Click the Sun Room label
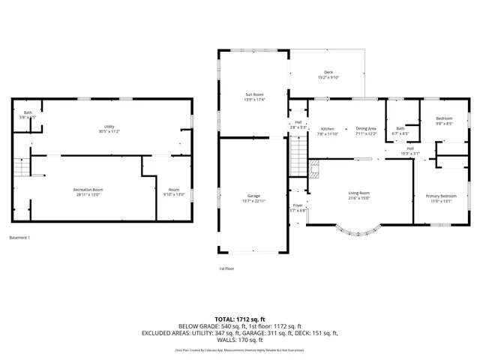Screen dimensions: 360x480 coord(254,94)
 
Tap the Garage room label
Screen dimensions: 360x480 coord(254,195)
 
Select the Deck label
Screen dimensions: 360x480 coord(328,72)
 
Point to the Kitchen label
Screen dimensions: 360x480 coord(328,128)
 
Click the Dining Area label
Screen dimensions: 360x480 coord(366,128)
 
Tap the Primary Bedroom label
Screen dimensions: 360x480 coord(439,196)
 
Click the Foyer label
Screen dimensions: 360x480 coord(298,205)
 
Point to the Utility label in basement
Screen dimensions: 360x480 coord(109,126)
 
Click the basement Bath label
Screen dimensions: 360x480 coord(27,112)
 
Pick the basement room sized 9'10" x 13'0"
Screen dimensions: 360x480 coord(174,193)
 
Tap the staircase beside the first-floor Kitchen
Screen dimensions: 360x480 coord(298,158)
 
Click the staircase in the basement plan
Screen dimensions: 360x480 coord(21,168)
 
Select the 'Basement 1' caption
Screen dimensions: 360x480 coord(19,238)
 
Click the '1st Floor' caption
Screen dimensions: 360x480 coord(226,268)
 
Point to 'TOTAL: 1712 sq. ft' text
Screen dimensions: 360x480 coord(239,319)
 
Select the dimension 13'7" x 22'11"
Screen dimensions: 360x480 coord(254,199)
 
